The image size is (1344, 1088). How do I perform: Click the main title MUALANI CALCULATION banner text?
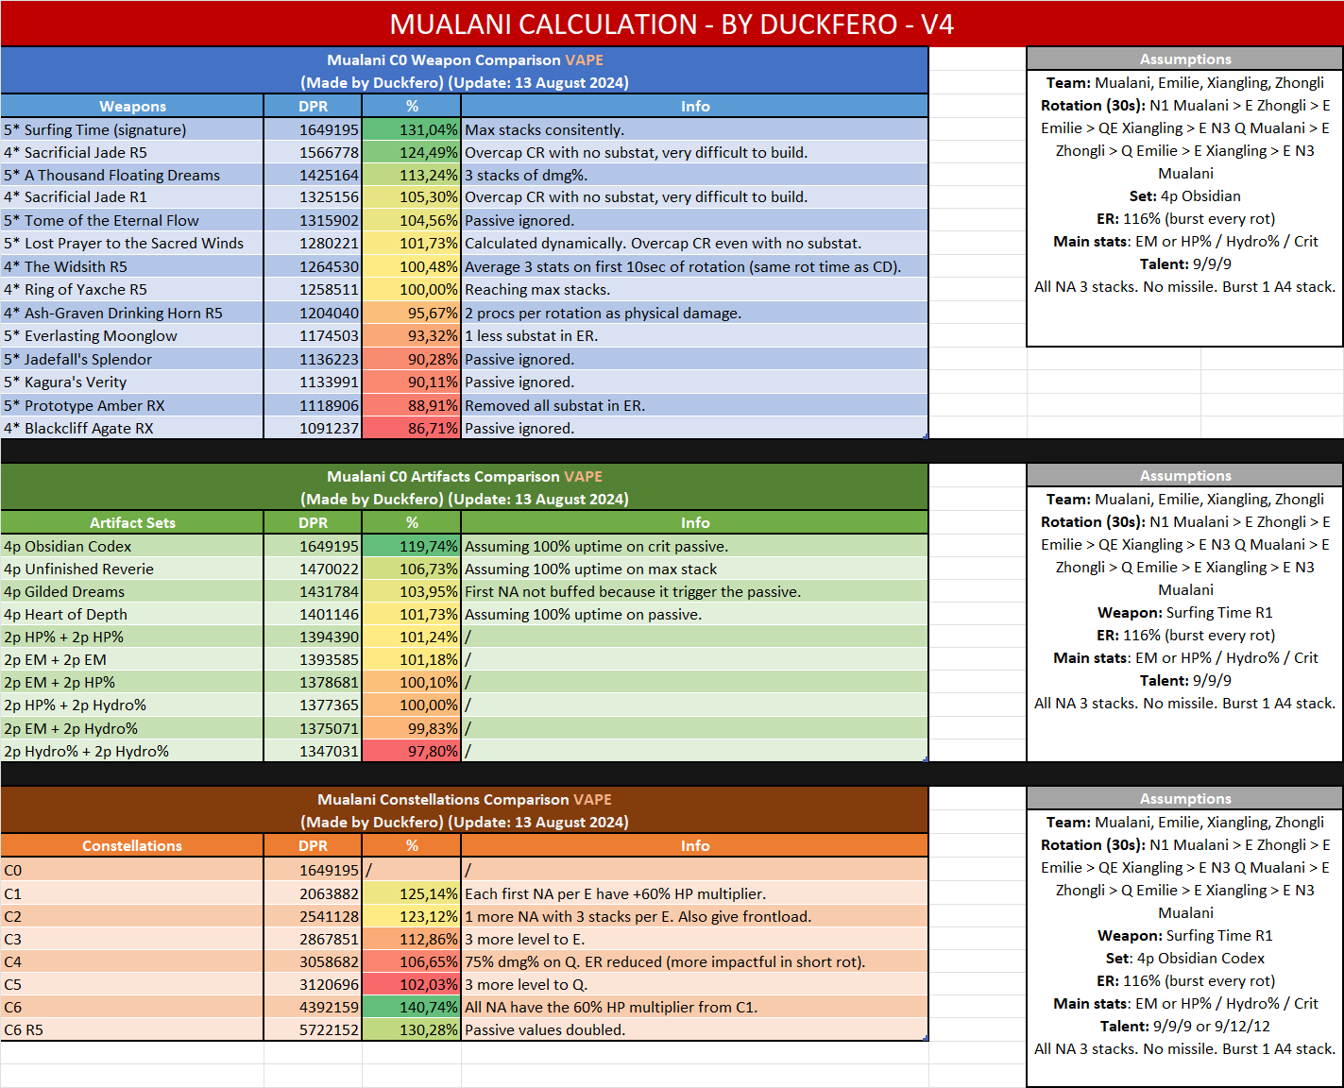pos(672,24)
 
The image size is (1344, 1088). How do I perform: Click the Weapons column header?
pos(132,106)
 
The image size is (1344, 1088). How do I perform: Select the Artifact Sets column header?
pos(132,522)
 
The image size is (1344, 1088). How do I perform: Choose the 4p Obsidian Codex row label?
pos(68,546)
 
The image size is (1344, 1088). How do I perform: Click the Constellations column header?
pos(132,845)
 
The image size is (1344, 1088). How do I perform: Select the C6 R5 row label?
pos(24,1029)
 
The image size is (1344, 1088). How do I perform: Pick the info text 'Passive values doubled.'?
pos(545,1029)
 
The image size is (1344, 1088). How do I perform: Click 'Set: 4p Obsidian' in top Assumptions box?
pos(1185,195)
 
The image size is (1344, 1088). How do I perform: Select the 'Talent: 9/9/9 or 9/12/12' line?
pos(1185,1026)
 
